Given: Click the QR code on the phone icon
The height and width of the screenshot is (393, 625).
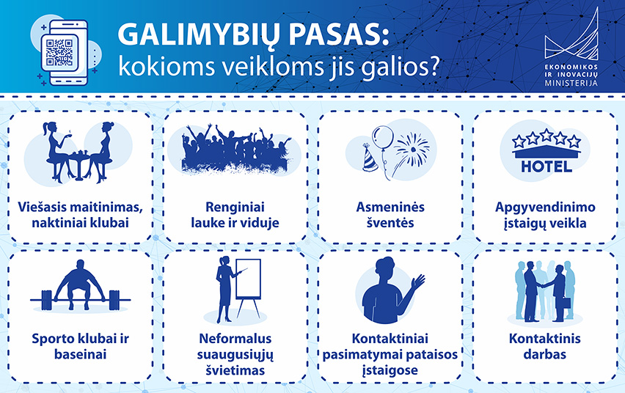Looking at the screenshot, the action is point(59,52).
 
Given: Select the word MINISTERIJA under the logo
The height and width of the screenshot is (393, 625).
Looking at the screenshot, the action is point(571,84).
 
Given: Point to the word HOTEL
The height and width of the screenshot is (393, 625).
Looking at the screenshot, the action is point(547,166).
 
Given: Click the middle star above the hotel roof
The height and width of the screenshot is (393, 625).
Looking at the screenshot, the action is point(547,135).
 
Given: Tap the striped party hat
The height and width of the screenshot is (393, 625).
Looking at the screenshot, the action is point(370,158).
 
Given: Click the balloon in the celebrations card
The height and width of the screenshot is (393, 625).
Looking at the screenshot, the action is point(383,138).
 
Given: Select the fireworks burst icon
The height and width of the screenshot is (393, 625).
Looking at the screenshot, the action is point(412,150).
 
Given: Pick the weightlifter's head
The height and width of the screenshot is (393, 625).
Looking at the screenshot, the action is point(81,265).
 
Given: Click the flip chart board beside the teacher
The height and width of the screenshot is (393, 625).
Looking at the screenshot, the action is point(249,279).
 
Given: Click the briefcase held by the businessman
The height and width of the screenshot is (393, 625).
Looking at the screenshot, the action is point(566,303).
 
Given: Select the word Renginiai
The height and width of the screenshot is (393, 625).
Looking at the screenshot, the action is point(235,207).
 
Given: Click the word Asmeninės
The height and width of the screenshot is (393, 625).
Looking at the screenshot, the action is point(390,207).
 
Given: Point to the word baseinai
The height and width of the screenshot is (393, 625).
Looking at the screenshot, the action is point(81,354).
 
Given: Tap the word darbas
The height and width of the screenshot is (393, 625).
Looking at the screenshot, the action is point(544,354).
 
